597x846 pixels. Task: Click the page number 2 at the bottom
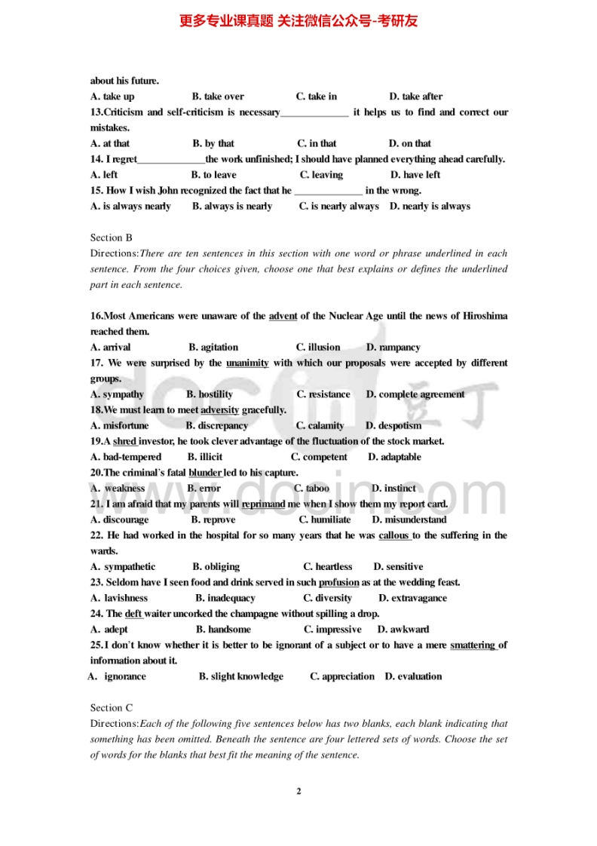tap(298, 791)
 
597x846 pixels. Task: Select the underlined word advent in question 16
tap(283, 316)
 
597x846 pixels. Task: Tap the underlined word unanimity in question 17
tap(247, 363)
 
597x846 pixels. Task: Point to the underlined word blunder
tap(205, 473)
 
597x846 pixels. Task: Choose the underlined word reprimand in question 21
tap(263, 504)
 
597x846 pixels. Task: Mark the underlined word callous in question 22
tap(394, 535)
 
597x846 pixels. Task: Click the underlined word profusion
tap(338, 582)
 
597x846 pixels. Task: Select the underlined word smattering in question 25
tap(473, 645)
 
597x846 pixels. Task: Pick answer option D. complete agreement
tap(415, 394)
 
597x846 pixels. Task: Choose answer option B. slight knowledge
tap(241, 676)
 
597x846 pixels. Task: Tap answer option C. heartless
tap(328, 566)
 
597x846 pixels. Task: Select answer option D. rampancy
tap(393, 348)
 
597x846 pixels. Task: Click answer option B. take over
tap(218, 97)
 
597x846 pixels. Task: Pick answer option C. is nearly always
tap(339, 206)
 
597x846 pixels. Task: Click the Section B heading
tap(112, 238)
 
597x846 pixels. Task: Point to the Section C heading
tap(112, 707)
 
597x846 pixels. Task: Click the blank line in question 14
tap(171, 160)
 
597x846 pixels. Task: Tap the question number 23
tap(96, 582)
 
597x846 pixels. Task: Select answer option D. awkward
tap(403, 629)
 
